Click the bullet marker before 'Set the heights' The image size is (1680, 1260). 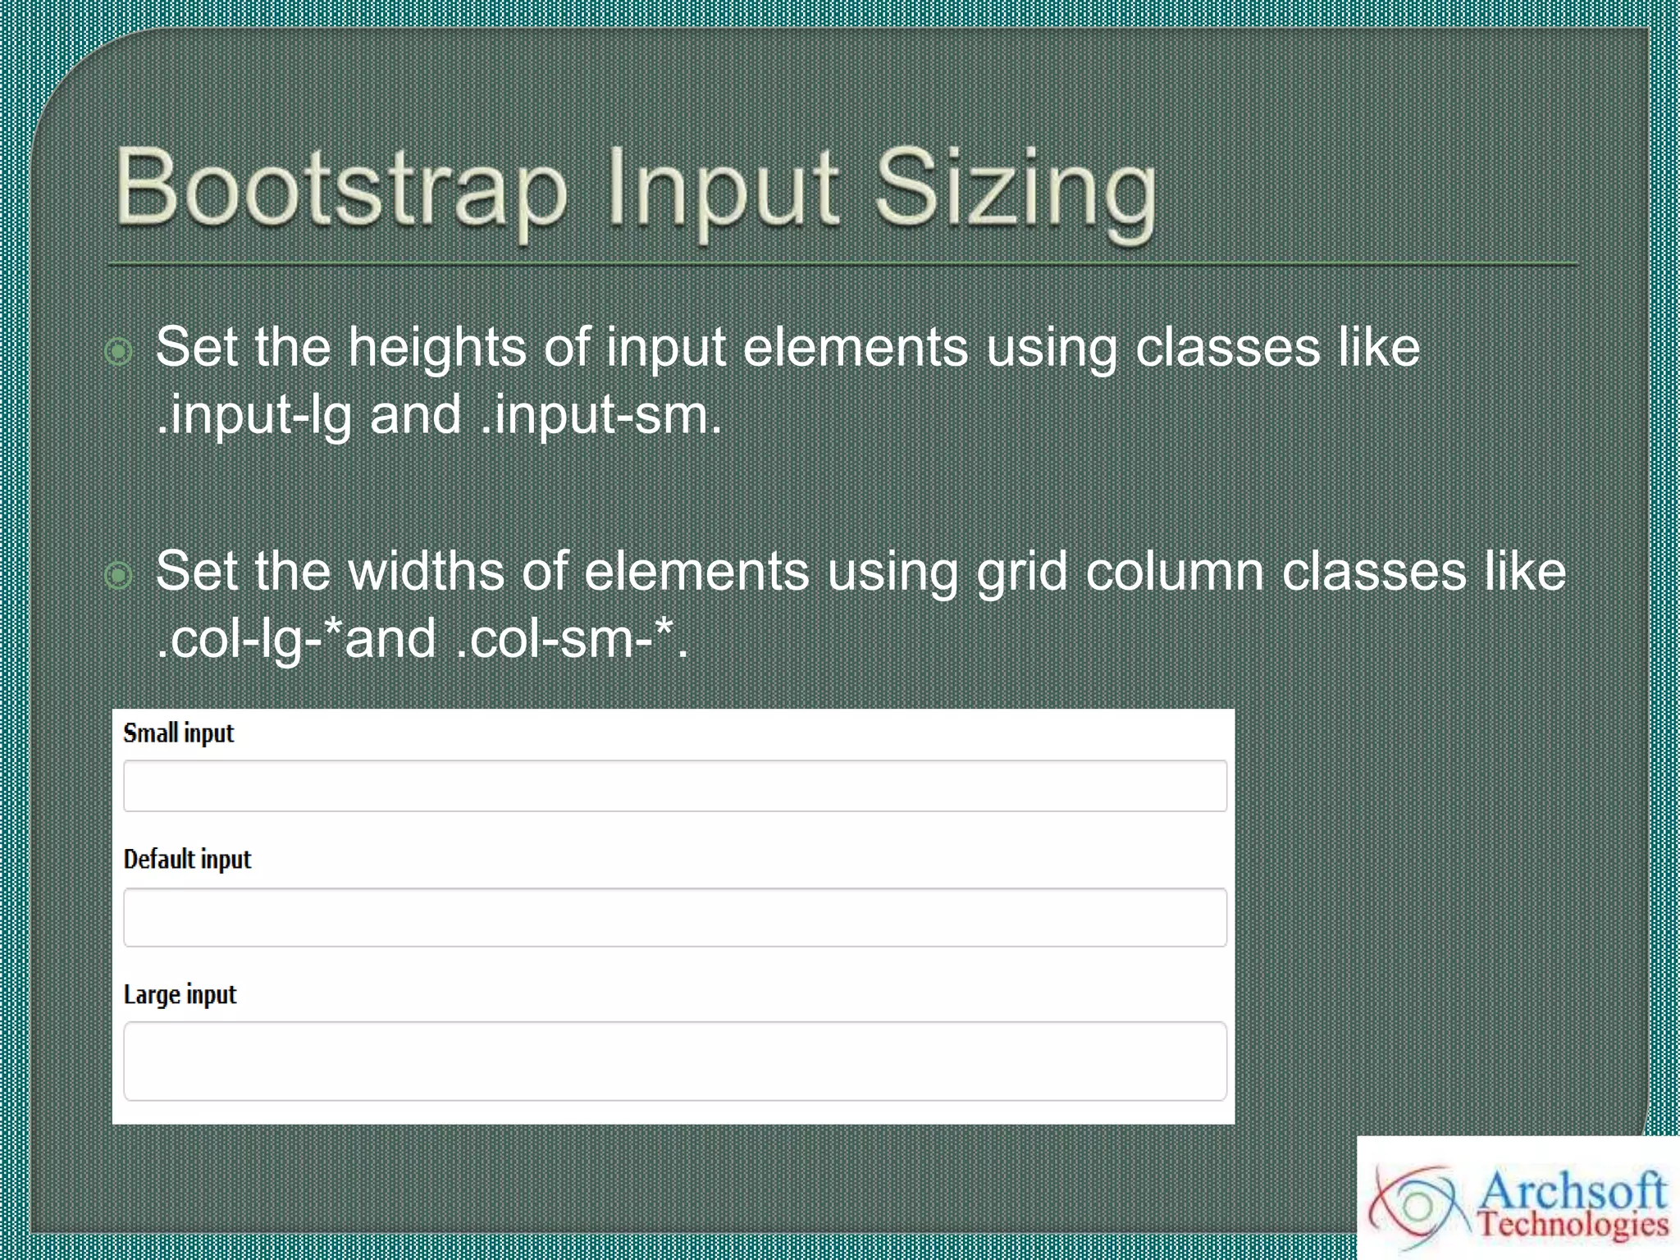coord(119,351)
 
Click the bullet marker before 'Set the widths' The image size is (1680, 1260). coord(119,575)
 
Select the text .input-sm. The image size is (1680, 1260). coord(600,416)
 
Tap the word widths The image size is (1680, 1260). coord(426,572)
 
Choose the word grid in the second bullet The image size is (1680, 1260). coord(1021,573)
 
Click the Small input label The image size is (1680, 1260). coord(179,733)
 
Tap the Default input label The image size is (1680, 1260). coord(187,860)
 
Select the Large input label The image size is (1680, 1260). coord(180,995)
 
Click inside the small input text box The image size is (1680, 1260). coord(674,786)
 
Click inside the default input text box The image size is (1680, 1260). coord(674,917)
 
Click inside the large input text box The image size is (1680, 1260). coord(674,1061)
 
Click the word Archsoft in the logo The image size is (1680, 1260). coord(1573,1190)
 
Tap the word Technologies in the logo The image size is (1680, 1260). coord(1573,1225)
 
